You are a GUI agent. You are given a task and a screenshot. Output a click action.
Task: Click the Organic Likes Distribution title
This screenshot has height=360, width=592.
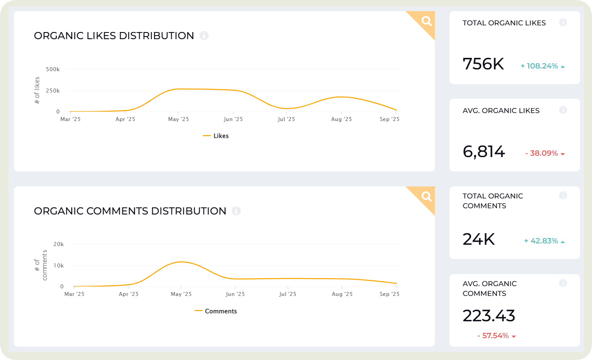point(114,36)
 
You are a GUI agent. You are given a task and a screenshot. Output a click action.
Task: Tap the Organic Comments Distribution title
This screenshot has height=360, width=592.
point(130,211)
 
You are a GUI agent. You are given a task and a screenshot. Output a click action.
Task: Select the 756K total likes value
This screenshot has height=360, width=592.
point(483,64)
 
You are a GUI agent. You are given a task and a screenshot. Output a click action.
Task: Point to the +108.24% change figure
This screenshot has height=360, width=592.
point(539,66)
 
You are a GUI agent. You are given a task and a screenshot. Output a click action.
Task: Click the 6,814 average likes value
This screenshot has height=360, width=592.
point(484,152)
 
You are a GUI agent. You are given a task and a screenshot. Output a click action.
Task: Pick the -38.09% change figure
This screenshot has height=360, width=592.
point(541,154)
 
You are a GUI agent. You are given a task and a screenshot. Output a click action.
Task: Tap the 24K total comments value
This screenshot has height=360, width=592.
point(479,239)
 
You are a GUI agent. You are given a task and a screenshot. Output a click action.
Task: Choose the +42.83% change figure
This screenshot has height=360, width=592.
point(541,241)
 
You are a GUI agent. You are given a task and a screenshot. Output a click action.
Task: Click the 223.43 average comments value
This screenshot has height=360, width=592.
point(489,316)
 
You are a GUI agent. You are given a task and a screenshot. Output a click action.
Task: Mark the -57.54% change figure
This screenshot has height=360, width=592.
point(493,336)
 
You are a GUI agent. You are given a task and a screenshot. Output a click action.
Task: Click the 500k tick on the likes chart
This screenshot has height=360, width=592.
point(53,69)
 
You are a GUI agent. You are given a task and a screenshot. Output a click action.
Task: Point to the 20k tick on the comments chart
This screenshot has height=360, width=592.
point(58,244)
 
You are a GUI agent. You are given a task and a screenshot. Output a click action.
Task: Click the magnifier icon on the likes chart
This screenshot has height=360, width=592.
point(426,21)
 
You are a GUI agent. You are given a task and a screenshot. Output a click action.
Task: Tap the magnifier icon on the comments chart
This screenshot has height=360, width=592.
point(426,196)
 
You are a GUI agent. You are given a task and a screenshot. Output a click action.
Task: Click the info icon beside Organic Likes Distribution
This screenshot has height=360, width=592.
point(204,36)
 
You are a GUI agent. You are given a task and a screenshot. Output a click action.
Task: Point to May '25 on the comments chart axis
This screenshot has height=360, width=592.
point(181,294)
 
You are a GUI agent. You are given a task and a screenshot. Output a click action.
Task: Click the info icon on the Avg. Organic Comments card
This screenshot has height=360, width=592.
point(563,283)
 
